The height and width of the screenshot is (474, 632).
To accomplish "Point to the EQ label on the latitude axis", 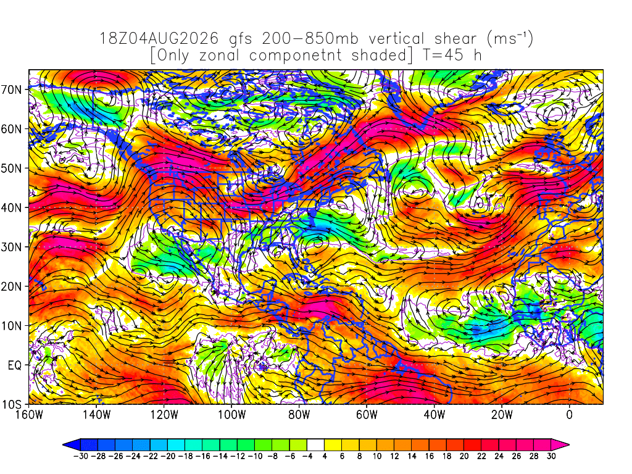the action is click(x=15, y=365).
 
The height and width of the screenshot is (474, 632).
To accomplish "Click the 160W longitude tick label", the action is click(x=29, y=414).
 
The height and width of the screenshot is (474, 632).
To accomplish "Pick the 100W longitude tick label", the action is click(x=232, y=414).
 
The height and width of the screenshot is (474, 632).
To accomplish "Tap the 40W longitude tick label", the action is click(x=434, y=414).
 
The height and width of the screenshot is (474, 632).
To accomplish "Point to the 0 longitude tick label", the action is click(x=569, y=414).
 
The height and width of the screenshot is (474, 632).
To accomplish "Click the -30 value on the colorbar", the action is click(x=80, y=456).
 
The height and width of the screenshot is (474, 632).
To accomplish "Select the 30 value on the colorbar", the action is click(x=551, y=456).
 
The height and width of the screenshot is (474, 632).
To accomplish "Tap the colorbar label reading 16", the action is click(x=430, y=456).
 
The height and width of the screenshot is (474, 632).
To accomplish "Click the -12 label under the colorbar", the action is click(x=237, y=456).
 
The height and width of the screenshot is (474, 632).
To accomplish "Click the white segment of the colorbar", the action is click(x=315, y=444).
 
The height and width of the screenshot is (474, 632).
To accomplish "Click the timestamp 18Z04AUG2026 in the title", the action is click(x=159, y=39).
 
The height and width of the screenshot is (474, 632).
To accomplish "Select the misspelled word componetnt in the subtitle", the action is click(x=296, y=56).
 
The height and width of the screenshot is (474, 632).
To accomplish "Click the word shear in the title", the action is click(x=455, y=39).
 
